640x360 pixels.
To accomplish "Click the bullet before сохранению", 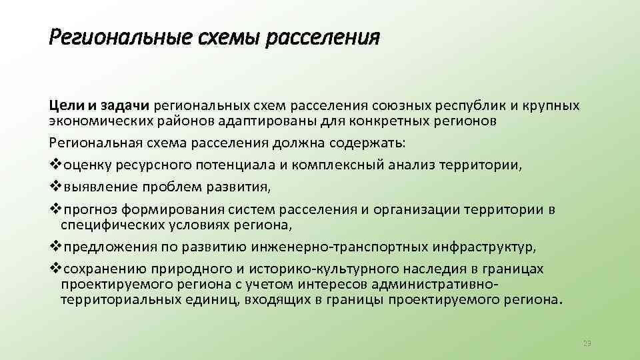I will tap(55, 268).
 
